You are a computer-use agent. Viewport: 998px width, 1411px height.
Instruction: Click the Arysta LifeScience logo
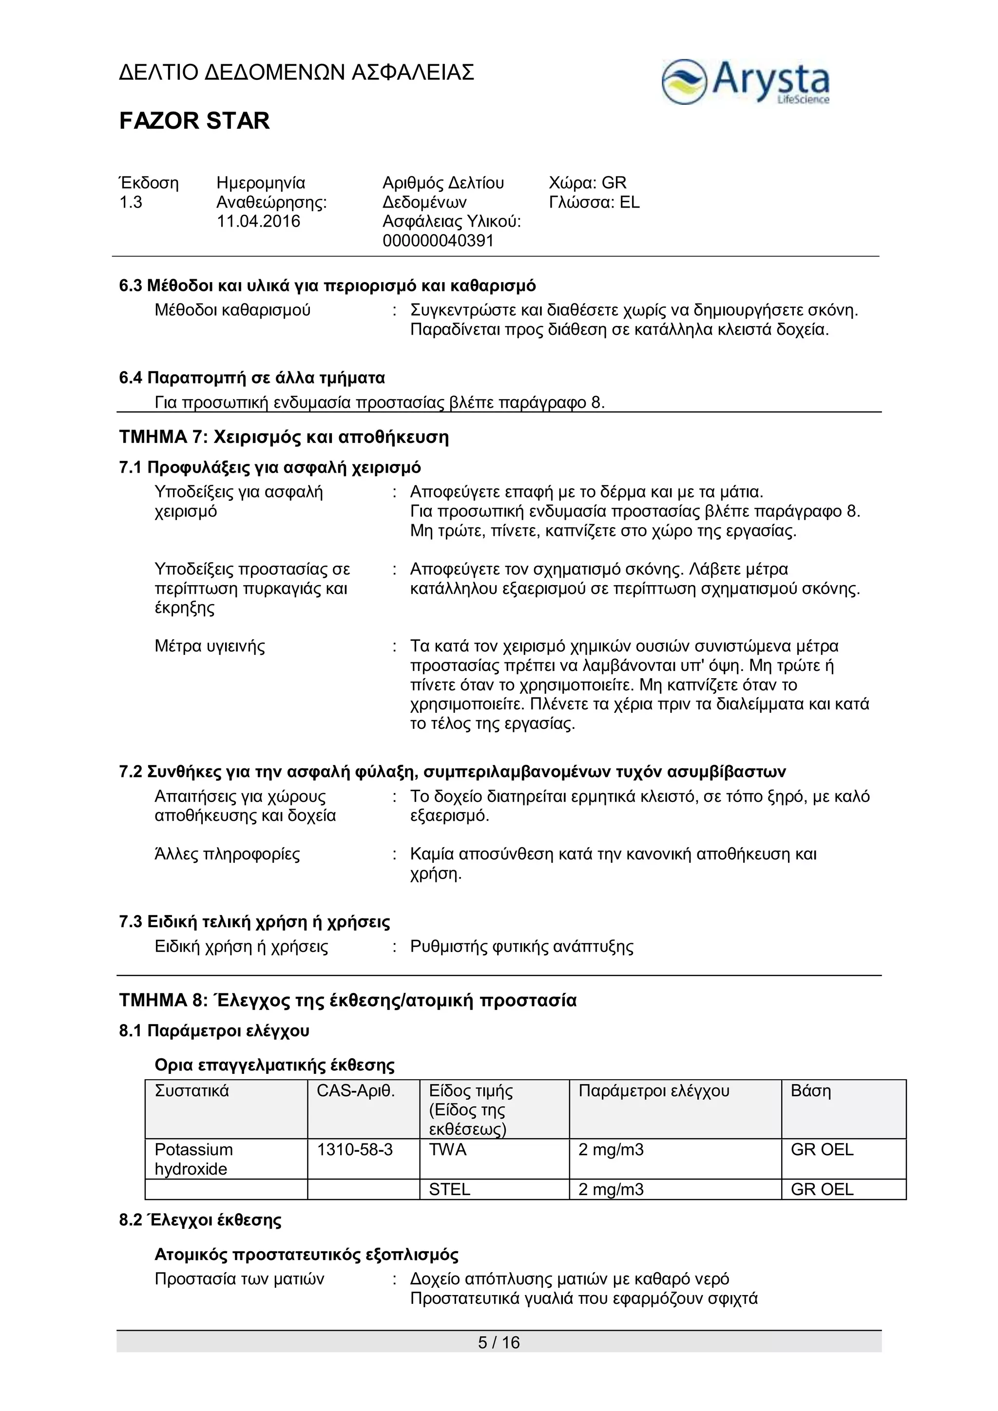(x=745, y=82)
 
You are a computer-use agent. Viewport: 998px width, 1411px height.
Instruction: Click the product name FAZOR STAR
(x=194, y=121)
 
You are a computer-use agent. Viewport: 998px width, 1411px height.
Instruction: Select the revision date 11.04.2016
(x=258, y=221)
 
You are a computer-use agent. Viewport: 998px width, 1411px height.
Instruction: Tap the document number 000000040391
(x=438, y=241)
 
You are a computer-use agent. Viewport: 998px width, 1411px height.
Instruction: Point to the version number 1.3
(x=131, y=202)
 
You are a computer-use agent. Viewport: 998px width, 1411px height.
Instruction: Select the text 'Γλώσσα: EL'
(x=594, y=202)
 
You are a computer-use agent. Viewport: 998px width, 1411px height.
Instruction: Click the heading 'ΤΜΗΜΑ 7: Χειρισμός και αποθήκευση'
(x=284, y=438)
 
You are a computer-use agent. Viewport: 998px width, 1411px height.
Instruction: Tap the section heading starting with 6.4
(x=252, y=377)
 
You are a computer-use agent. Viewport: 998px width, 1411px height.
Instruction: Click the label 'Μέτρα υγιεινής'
(x=210, y=647)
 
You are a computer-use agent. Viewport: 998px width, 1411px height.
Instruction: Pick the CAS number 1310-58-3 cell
(x=355, y=1149)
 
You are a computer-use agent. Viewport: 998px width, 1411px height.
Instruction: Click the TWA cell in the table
(x=448, y=1149)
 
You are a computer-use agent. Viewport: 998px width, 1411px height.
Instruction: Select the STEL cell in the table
(x=449, y=1189)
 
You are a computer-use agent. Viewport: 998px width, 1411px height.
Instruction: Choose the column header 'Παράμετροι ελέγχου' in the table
(x=654, y=1091)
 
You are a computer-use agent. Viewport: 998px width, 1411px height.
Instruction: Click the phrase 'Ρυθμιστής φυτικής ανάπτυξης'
(x=522, y=946)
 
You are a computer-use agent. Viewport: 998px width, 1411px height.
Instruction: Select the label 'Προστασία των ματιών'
(x=239, y=1279)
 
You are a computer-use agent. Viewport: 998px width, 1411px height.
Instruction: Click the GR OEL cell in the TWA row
(x=822, y=1149)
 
